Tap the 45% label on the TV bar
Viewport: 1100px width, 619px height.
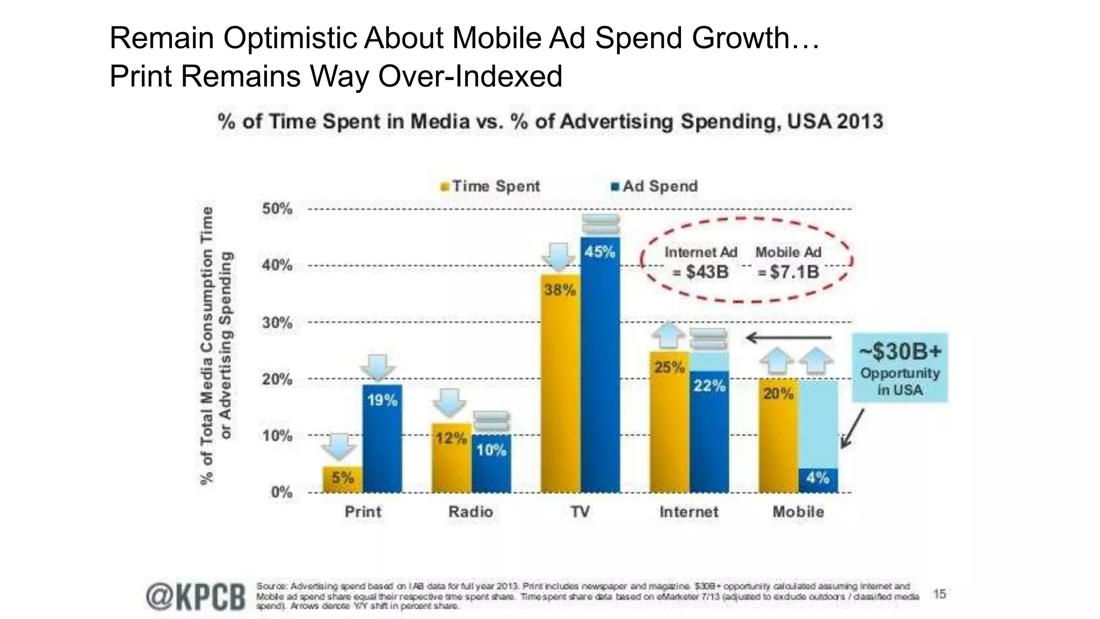[600, 252]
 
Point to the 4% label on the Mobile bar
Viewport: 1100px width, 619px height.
[818, 477]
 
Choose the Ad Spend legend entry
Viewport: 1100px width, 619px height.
[655, 186]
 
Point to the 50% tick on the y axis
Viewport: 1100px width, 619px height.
[277, 208]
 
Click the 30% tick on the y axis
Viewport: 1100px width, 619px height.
[277, 323]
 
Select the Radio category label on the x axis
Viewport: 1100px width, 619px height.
[471, 512]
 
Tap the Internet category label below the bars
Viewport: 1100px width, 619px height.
[689, 512]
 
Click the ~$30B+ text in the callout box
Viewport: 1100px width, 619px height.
[900, 352]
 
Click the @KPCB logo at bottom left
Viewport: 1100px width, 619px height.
[196, 596]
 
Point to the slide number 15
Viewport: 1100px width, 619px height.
[939, 594]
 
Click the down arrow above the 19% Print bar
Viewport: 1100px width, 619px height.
[378, 368]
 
